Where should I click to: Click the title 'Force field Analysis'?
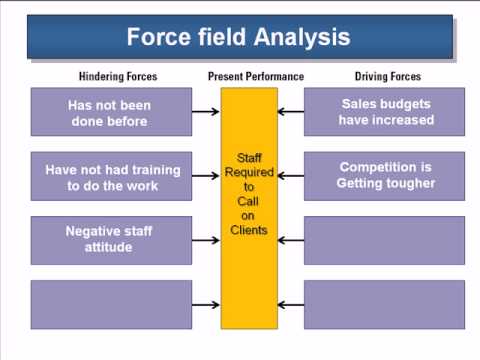tap(238, 38)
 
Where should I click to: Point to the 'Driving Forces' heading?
tap(389, 77)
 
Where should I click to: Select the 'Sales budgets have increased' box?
tap(385, 112)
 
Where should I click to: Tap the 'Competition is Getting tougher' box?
tap(385, 176)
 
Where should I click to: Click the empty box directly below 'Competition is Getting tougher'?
tap(385, 240)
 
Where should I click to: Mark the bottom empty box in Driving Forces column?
tap(385, 304)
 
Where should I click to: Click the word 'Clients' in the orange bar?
tap(249, 230)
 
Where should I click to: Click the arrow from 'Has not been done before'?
tap(205, 112)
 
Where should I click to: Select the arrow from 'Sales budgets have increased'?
tap(291, 112)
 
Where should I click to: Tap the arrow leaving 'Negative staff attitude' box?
tap(205, 240)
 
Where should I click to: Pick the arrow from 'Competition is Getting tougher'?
tap(291, 176)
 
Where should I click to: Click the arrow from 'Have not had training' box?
tap(205, 176)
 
